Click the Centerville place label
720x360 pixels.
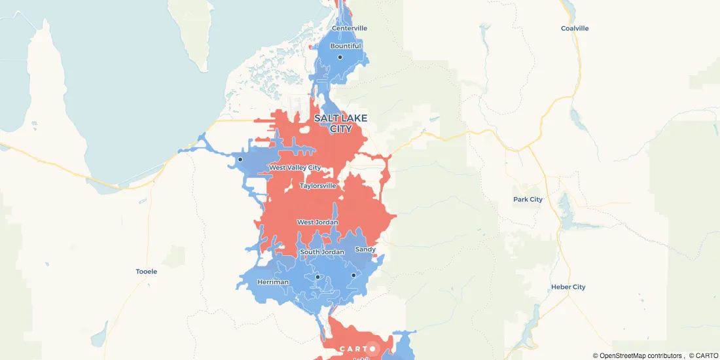[350, 28]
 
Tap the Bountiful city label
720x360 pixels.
[346, 46]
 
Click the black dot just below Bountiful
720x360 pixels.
[340, 57]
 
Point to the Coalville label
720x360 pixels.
[575, 28]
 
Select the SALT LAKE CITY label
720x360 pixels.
[340, 123]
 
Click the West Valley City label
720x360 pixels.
[295, 168]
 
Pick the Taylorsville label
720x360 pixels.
[318, 186]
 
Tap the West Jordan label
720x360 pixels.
[317, 223]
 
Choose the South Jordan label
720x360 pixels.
[321, 252]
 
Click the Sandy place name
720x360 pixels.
[365, 249]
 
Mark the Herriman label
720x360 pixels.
[273, 282]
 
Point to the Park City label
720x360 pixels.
[528, 200]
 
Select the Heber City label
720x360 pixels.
[568, 287]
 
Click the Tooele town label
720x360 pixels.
[147, 271]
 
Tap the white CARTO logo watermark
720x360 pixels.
[357, 349]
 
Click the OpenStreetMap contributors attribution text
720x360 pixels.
[638, 355]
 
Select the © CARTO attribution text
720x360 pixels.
[703, 355]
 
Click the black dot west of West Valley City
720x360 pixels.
[240, 159]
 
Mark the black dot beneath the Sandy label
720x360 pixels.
[353, 275]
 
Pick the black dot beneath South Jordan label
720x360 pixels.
[317, 277]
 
